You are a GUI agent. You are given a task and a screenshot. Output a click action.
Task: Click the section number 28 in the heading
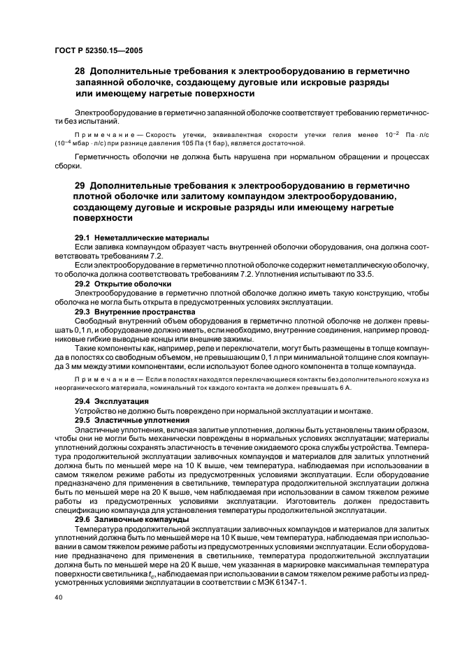[x=80, y=71]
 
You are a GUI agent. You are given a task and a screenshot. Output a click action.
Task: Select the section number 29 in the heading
[x=80, y=185]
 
